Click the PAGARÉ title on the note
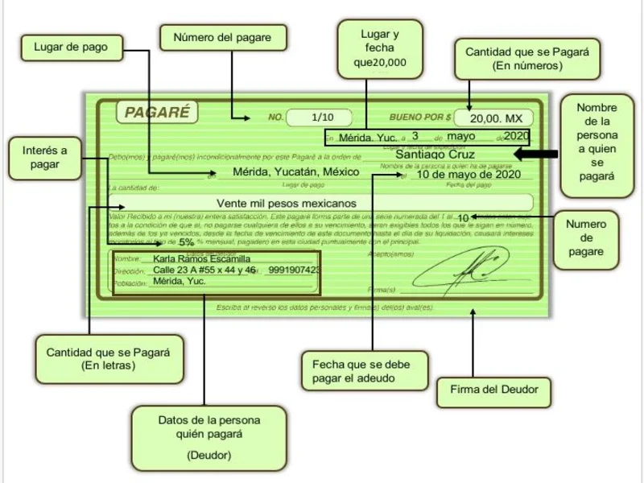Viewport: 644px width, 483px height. tap(157, 113)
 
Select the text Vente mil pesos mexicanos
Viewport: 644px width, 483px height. tap(287, 204)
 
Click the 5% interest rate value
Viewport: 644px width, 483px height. tap(186, 242)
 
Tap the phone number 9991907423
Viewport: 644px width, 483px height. tap(294, 270)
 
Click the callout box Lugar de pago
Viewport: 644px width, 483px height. tap(70, 47)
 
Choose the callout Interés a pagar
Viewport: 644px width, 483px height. tap(45, 157)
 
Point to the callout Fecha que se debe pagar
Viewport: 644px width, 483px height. tap(361, 371)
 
